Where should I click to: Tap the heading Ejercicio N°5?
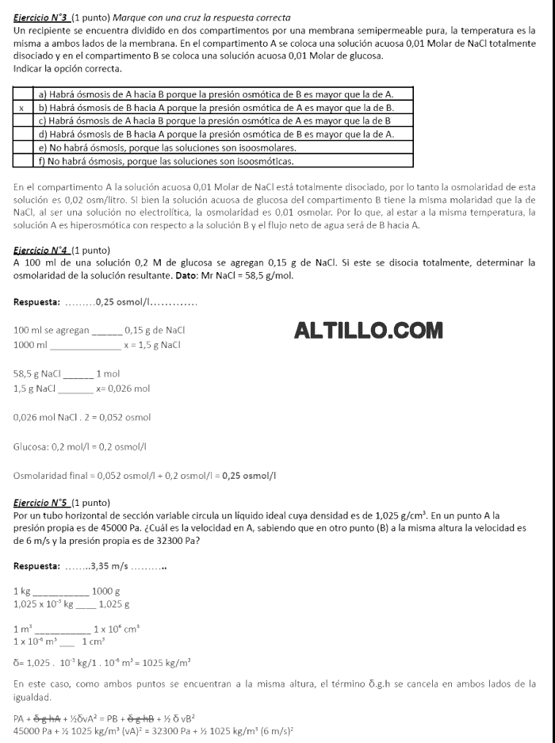(x=41, y=503)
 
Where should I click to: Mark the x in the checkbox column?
(x=21, y=107)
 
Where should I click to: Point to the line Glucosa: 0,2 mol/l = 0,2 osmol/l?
(x=79, y=446)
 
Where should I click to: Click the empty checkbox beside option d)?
(x=21, y=134)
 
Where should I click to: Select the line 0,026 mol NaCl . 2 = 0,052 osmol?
(x=82, y=417)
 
